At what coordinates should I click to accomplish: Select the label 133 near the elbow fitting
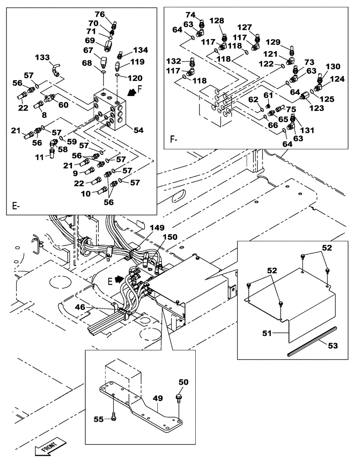click(x=43, y=57)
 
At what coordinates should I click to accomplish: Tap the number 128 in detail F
click(x=217, y=20)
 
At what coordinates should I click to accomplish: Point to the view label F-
click(x=174, y=138)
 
